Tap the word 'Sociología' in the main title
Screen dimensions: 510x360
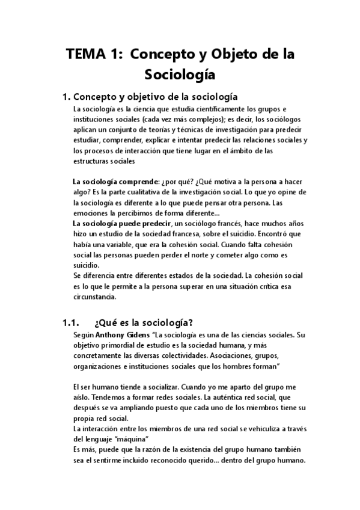click(x=180, y=75)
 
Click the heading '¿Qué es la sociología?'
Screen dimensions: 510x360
click(x=144, y=322)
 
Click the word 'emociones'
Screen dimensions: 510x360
click(x=90, y=213)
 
